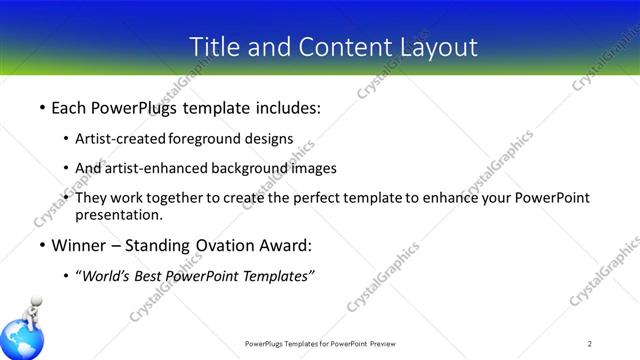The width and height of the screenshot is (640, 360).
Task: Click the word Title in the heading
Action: click(x=213, y=46)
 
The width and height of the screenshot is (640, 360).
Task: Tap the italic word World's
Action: click(x=109, y=276)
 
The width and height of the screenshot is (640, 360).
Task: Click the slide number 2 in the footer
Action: click(x=590, y=344)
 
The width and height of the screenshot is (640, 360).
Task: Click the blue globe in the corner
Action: click(x=20, y=340)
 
